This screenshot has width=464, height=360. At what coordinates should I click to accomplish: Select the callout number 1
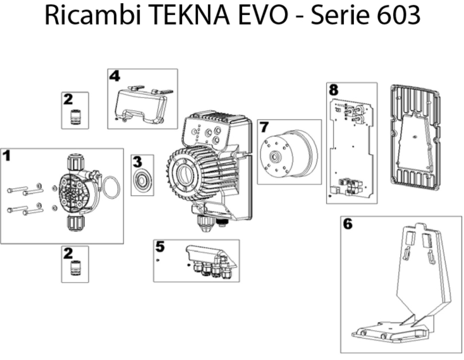(6, 156)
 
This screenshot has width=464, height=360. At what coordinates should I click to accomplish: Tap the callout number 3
(137, 162)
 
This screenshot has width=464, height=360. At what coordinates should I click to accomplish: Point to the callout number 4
(114, 76)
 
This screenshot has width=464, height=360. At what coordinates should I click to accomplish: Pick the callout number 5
(160, 247)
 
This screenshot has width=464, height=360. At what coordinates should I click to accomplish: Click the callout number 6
(348, 224)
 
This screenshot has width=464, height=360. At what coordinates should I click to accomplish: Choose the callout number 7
(264, 127)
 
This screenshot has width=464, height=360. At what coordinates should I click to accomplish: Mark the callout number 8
(334, 90)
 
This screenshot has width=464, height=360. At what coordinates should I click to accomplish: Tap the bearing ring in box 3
(142, 180)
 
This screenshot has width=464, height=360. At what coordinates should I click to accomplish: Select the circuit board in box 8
(351, 148)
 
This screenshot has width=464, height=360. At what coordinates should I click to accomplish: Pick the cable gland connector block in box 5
(212, 261)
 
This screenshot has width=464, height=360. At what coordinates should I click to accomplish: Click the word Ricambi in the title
(93, 15)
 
